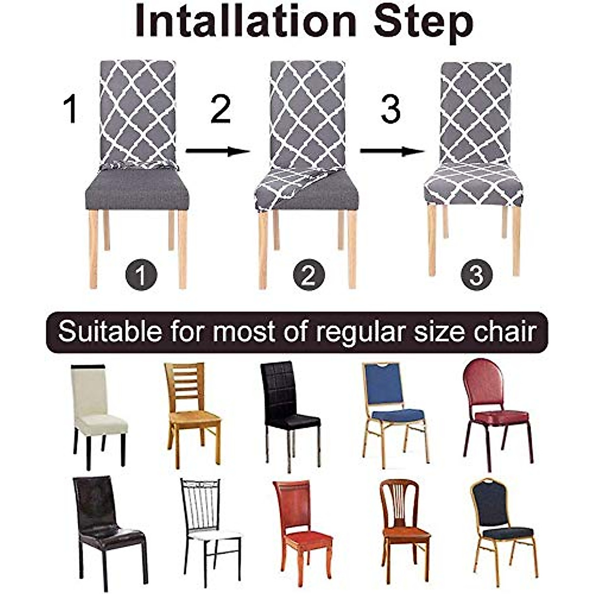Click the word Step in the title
click(423, 22)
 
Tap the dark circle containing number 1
click(141, 276)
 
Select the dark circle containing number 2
click(308, 275)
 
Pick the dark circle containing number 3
click(476, 275)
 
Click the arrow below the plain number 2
click(218, 151)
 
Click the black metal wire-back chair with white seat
click(208, 525)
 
